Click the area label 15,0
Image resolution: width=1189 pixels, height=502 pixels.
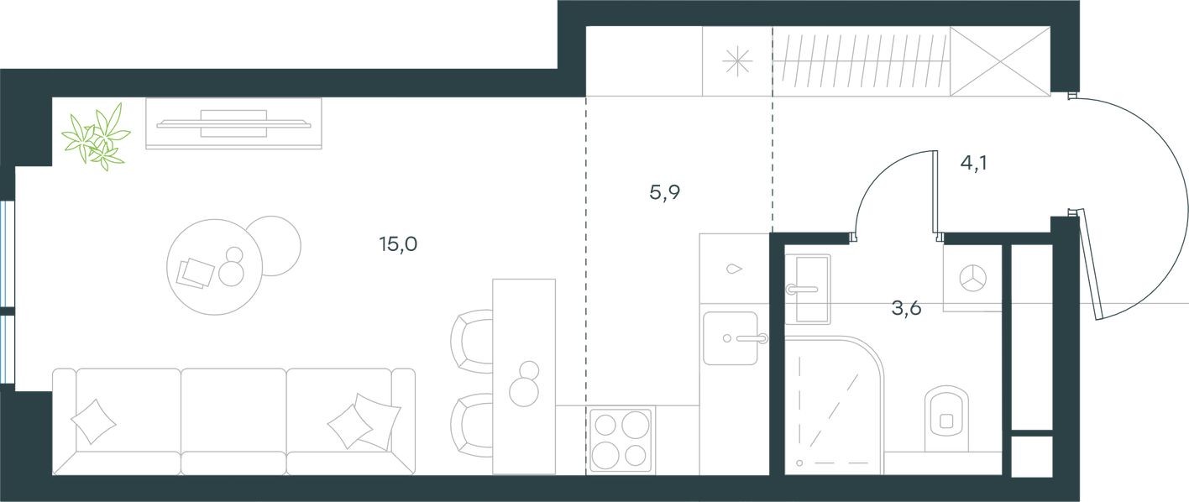pyautogui.click(x=398, y=245)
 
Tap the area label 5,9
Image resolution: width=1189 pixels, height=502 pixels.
pyautogui.click(x=664, y=193)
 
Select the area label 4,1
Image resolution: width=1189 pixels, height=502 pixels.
pyautogui.click(x=973, y=163)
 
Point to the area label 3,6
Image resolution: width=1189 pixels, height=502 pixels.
pyautogui.click(x=906, y=308)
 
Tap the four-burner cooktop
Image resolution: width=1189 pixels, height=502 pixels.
pyautogui.click(x=621, y=440)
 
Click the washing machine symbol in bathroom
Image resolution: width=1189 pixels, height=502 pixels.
pyautogui.click(x=973, y=278)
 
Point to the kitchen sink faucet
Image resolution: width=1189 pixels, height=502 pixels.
pyautogui.click(x=751, y=339)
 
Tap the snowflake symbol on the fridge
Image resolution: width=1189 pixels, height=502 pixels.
pyautogui.click(x=736, y=60)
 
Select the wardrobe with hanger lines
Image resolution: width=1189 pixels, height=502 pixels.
pyautogui.click(x=861, y=60)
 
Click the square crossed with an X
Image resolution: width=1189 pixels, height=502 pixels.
pyautogui.click(x=1000, y=60)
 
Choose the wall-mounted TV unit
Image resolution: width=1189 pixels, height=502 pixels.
pyautogui.click(x=233, y=123)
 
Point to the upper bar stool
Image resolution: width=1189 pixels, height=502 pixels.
pyautogui.click(x=472, y=340)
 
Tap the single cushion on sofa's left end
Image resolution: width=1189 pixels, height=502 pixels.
pyautogui.click(x=93, y=420)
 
